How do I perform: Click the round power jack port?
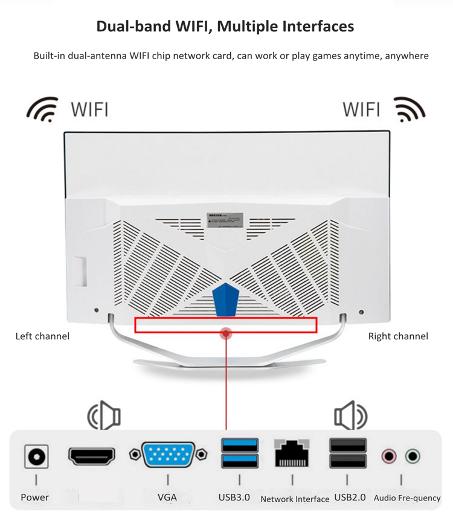tap(36, 457)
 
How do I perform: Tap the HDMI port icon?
tap(92, 456)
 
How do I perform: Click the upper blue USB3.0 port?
tap(240, 446)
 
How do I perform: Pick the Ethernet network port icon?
tap(293, 453)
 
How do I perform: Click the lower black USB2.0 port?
tap(348, 462)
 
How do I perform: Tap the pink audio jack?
tap(389, 456)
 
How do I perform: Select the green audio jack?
tap(413, 456)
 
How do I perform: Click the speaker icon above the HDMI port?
tap(104, 416)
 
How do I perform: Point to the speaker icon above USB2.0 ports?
tap(350, 416)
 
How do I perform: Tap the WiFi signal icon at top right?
tap(410, 109)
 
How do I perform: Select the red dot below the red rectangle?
tap(226, 333)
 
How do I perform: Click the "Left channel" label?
tap(42, 336)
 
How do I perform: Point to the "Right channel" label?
tap(398, 336)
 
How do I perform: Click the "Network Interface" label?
tap(295, 499)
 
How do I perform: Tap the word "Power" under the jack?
tap(35, 497)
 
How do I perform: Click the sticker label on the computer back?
tap(225, 220)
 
